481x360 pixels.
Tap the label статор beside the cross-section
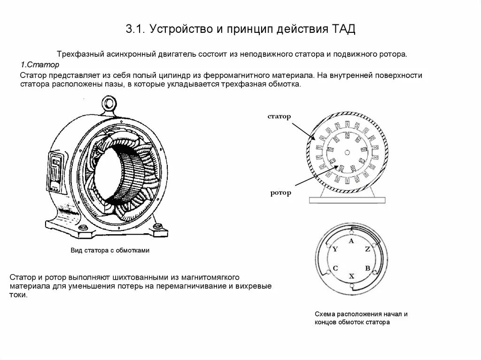[x=279, y=116]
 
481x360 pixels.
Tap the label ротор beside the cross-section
[x=280, y=192]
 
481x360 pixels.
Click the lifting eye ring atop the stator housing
[x=110, y=103]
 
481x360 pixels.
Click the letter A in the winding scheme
[x=351, y=241]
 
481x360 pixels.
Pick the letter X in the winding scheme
[x=351, y=276]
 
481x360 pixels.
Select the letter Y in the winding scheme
[x=335, y=249]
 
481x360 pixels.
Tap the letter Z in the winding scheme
[x=367, y=249]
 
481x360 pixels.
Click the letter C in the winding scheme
[x=335, y=268]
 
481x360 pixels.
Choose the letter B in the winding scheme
[x=368, y=268]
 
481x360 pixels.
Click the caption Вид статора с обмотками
[x=110, y=251]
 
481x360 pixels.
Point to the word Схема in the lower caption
[x=325, y=314]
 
